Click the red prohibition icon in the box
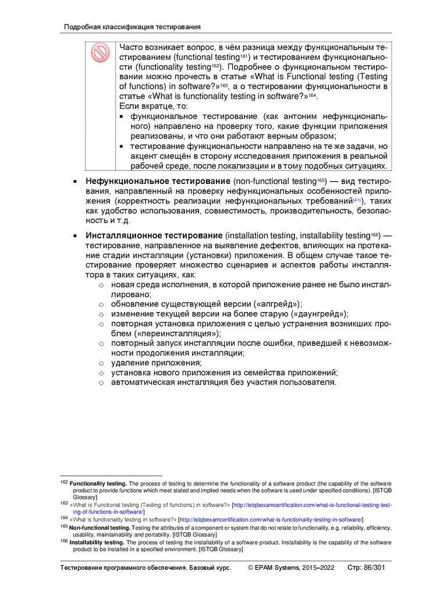click(100, 53)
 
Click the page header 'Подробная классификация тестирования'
click(132, 27)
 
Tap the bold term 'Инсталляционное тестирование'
click(154, 235)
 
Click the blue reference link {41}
click(357, 201)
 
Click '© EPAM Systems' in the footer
click(274, 567)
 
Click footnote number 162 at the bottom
click(64, 483)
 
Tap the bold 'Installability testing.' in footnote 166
click(97, 542)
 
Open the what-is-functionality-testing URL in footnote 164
click(271, 519)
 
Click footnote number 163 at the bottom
click(64, 503)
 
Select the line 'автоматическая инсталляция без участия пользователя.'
click(224, 383)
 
